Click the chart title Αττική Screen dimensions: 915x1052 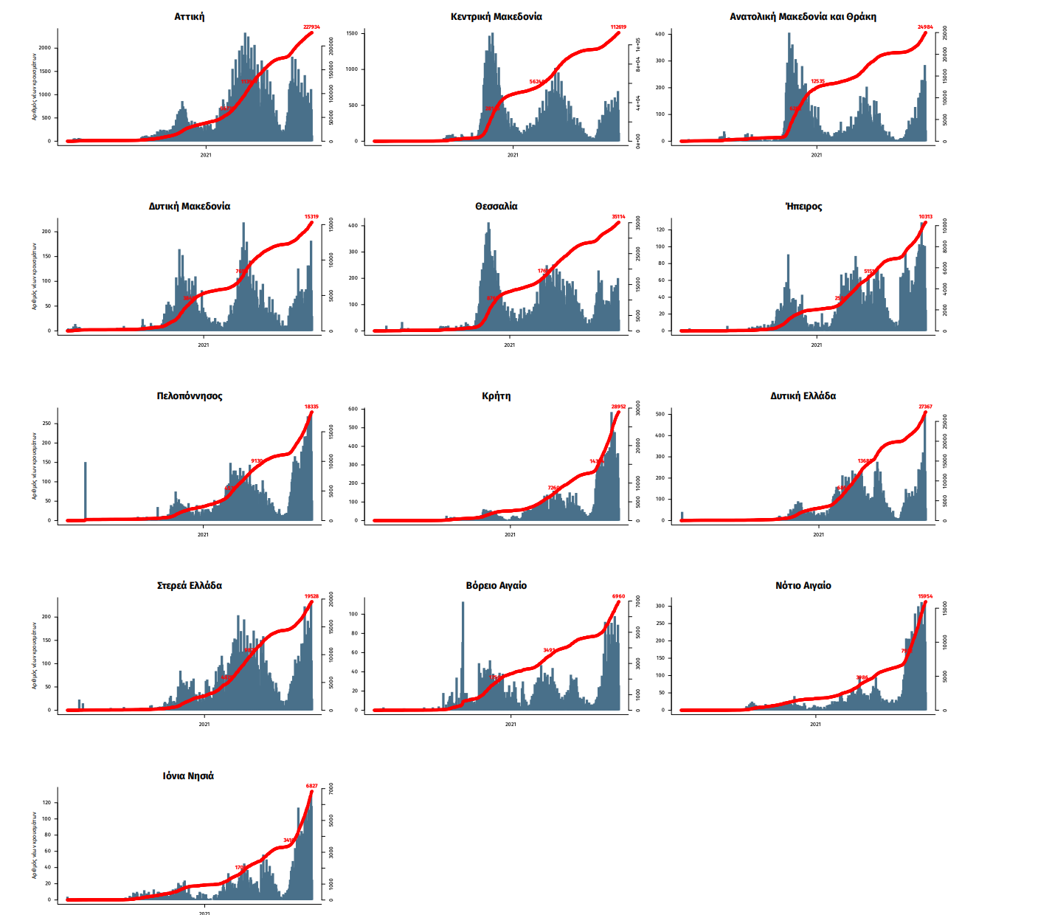[190, 16]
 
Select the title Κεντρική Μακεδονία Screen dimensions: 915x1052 [496, 16]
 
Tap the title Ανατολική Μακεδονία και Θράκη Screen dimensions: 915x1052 [803, 16]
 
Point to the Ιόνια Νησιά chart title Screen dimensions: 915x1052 [189, 776]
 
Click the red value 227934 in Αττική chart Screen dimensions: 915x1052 [312, 27]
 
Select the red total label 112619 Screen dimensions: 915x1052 [618, 27]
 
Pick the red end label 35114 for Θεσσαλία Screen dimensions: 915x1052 [618, 217]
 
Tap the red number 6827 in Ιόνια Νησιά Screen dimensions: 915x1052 [312, 786]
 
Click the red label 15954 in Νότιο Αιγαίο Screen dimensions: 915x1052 [925, 596]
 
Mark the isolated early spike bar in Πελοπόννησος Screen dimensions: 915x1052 [86, 491]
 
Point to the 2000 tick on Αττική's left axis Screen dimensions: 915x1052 [46, 48]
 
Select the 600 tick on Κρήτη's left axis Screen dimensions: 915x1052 [353, 409]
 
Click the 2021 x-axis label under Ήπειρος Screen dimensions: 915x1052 [816, 345]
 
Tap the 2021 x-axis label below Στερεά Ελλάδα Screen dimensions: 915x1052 [204, 724]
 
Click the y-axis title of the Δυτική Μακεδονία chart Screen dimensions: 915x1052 [34, 276]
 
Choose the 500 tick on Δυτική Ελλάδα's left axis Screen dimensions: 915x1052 [660, 414]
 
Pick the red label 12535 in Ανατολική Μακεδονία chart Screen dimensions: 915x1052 [817, 82]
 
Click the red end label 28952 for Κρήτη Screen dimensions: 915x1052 [618, 407]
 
